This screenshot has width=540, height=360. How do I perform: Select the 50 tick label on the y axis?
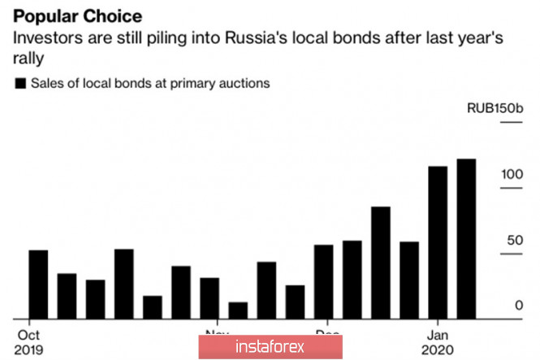coord(512,241)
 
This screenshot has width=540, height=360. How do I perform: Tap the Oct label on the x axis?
coord(28,334)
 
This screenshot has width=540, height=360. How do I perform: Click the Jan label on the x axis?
coord(438,334)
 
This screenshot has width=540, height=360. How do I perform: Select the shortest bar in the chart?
coord(238,310)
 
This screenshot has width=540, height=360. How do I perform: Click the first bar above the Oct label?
coord(38,284)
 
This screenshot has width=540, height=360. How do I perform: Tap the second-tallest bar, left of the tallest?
coord(438,241)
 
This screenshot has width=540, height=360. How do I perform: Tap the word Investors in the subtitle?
coord(44,39)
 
